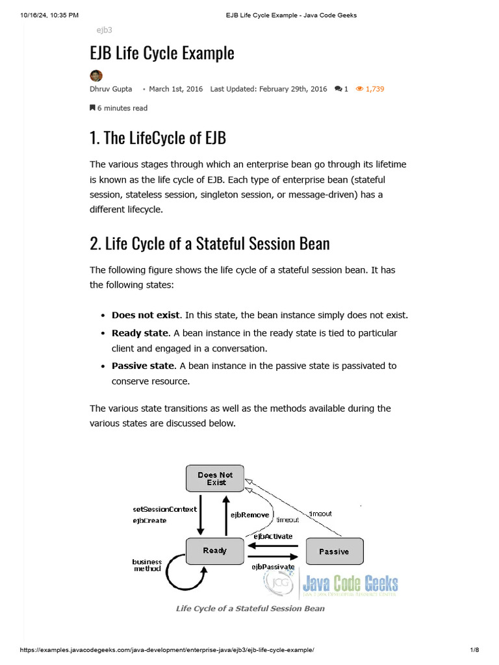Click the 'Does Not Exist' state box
[x=214, y=479]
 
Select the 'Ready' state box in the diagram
[x=214, y=551]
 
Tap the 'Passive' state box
[x=333, y=551]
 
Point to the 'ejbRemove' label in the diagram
[x=249, y=514]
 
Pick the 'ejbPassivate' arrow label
[x=273, y=566]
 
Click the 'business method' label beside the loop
[x=147, y=565]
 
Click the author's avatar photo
[x=96, y=75]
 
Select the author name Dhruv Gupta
[x=110, y=89]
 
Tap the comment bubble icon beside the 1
[x=338, y=89]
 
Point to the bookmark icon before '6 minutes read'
[x=92, y=108]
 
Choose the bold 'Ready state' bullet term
[x=140, y=333]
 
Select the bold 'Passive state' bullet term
[x=143, y=366]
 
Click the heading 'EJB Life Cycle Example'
[x=162, y=53]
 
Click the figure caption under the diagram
[x=250, y=609]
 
